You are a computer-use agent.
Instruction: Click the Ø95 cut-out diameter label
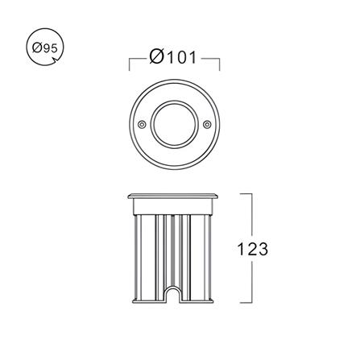click(45, 48)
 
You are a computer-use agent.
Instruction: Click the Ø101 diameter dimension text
click(173, 57)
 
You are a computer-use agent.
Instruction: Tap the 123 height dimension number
click(252, 249)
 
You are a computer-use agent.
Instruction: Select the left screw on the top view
click(142, 124)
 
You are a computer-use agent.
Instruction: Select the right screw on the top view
click(207, 124)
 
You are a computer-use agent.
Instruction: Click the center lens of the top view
click(174, 124)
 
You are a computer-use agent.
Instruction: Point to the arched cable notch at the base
click(174, 293)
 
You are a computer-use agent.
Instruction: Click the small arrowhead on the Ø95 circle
click(56, 61)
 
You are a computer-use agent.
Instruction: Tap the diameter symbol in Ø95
click(36, 48)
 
